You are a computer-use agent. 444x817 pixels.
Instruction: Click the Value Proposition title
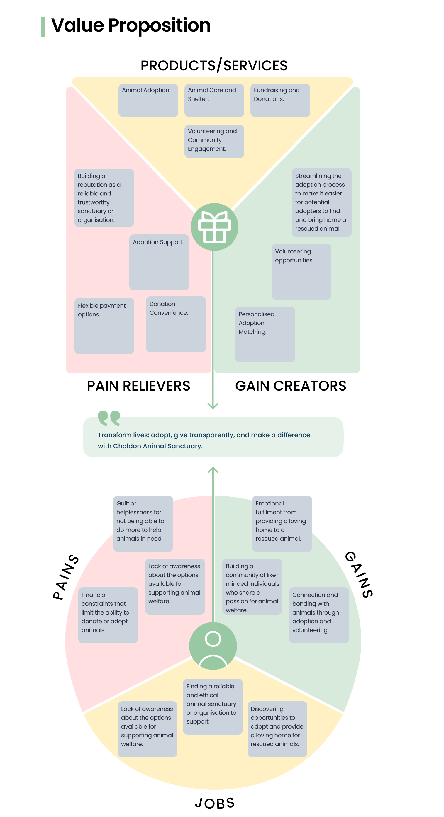(x=131, y=25)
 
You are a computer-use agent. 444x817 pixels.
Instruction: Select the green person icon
(x=213, y=646)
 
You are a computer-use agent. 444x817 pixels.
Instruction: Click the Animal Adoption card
(x=148, y=100)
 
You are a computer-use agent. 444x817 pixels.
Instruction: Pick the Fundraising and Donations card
(x=280, y=100)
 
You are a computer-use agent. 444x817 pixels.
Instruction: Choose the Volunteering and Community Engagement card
(x=214, y=141)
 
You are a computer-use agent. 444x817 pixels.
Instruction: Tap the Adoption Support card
(x=159, y=262)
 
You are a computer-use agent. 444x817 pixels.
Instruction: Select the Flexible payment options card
(x=104, y=326)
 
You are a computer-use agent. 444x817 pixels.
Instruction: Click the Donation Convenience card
(x=176, y=324)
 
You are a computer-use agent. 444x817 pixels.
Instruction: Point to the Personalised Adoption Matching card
(x=265, y=334)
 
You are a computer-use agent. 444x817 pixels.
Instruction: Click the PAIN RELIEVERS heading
(x=138, y=386)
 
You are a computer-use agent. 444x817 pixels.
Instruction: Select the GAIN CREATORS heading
(x=290, y=386)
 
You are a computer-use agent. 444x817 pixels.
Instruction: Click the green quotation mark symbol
(x=109, y=418)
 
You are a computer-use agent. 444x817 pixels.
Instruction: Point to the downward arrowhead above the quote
(x=213, y=406)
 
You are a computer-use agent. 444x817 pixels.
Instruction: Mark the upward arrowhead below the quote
(x=213, y=469)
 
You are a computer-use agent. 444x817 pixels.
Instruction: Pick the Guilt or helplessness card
(x=143, y=523)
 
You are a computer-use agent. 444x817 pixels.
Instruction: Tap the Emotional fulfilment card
(x=282, y=523)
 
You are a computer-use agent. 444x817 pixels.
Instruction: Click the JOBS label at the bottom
(x=215, y=803)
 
